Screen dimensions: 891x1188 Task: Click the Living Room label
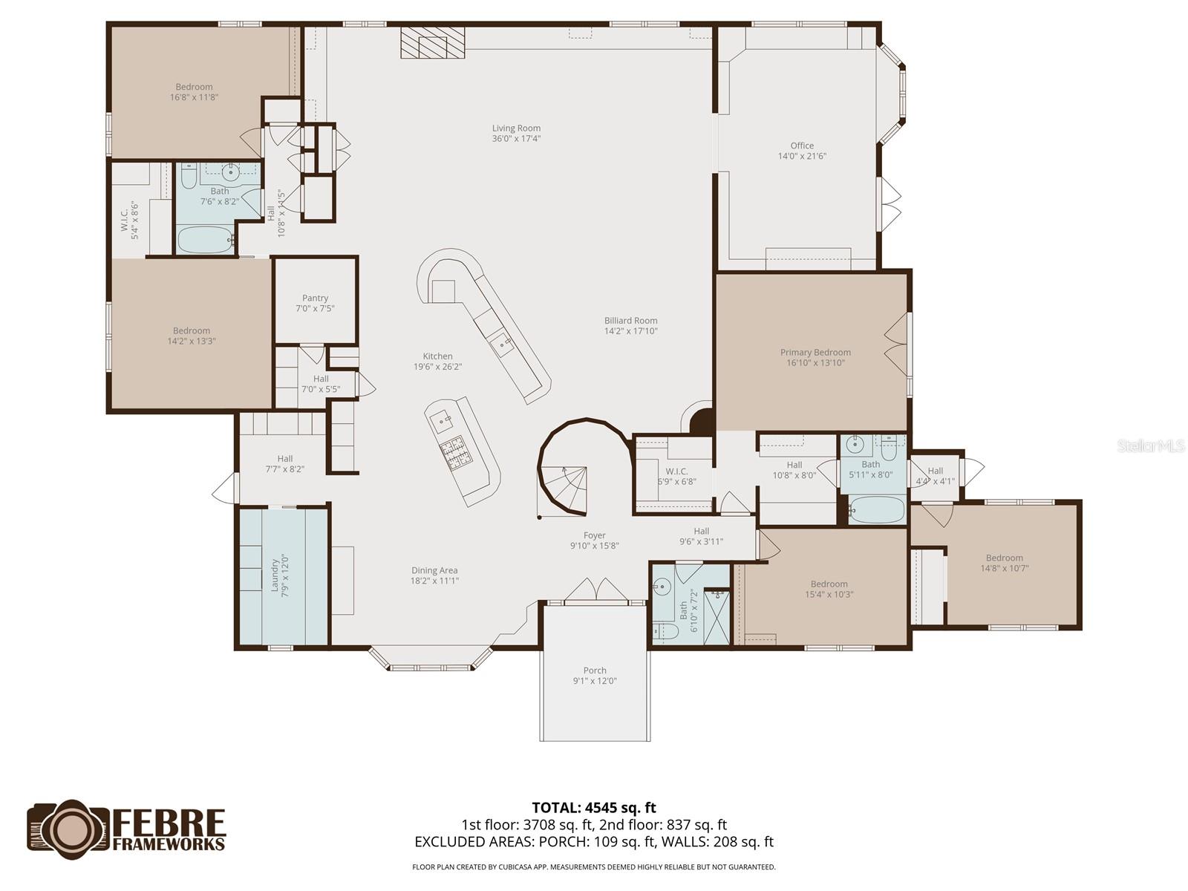pos(516,128)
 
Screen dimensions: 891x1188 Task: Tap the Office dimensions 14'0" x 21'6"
pos(802,157)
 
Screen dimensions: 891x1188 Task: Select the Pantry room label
pos(315,298)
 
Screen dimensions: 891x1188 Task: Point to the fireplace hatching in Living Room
pos(432,43)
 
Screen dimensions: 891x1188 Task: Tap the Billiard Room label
pos(630,321)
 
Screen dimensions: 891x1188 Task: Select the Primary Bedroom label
pos(815,353)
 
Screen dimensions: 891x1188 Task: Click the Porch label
pos(595,670)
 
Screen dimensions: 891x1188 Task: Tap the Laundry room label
pos(275,575)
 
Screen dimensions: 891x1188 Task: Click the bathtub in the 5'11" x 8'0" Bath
pos(877,510)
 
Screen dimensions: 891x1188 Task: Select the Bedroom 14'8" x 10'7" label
pos(1004,558)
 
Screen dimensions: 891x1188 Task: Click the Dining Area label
pos(434,570)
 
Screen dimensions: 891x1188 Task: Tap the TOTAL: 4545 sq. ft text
pos(593,807)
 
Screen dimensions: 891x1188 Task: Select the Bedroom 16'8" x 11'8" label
pos(194,87)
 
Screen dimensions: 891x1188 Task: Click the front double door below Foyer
pos(595,592)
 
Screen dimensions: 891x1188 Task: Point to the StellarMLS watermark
pos(1150,446)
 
